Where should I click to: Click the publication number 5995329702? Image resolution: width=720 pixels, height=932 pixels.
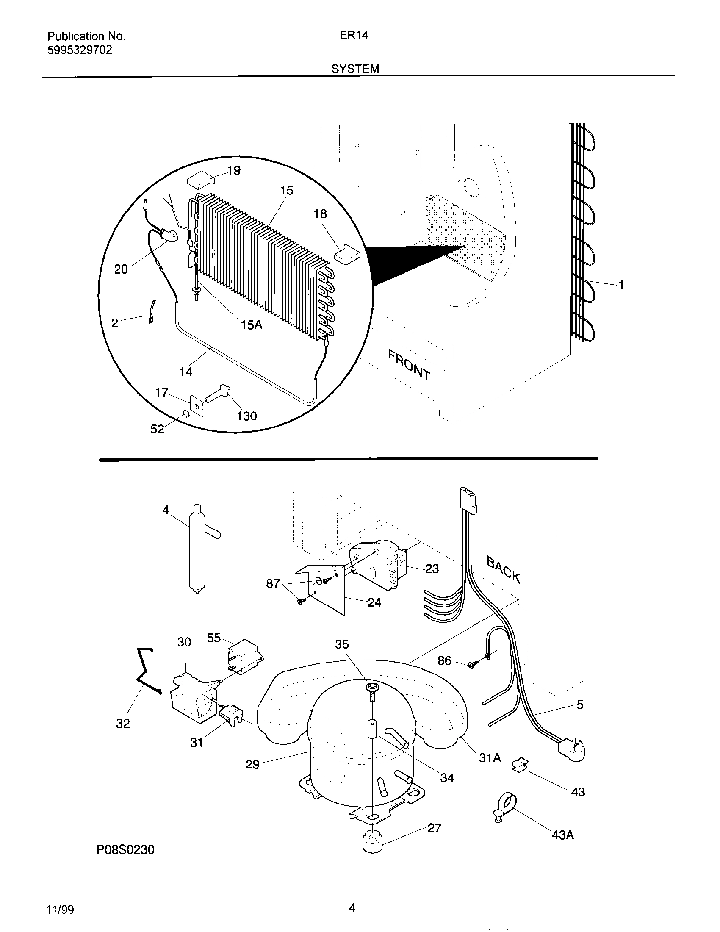tap(80, 50)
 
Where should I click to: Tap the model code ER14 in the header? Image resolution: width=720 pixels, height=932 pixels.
tap(354, 36)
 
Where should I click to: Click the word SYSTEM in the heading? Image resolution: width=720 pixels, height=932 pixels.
tap(355, 69)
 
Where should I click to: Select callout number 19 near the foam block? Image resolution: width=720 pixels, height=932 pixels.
tap(234, 171)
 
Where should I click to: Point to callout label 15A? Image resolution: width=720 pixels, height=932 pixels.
tap(251, 325)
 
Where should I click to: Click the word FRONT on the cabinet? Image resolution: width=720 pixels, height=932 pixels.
tap(409, 364)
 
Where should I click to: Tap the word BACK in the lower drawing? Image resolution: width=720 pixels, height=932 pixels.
tap(504, 570)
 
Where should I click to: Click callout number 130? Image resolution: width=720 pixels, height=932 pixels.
tap(246, 416)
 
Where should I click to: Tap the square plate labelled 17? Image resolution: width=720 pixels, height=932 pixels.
tap(197, 406)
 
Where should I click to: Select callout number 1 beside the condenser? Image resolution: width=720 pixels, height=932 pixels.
tap(621, 285)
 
